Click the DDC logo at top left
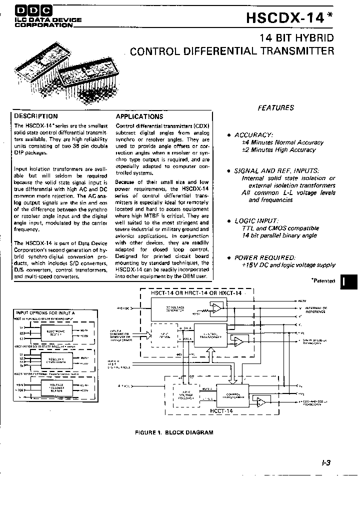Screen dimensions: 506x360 click(29, 9)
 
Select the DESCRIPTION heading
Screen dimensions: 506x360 click(36, 116)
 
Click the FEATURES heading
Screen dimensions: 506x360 click(275, 107)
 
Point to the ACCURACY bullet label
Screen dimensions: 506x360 click(253, 135)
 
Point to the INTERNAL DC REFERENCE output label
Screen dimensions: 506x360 click(316, 310)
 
